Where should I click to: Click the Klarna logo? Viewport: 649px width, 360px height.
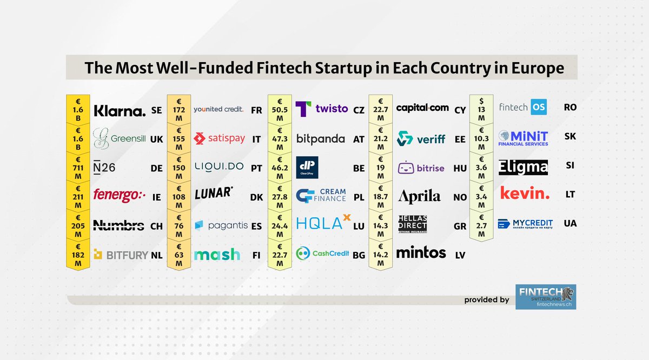click(x=120, y=111)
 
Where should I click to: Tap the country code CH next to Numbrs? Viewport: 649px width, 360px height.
click(x=156, y=226)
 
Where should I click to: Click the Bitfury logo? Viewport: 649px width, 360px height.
click(x=121, y=255)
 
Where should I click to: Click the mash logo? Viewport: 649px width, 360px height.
click(x=217, y=254)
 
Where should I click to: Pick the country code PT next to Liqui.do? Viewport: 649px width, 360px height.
click(x=256, y=168)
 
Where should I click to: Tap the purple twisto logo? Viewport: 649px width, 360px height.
click(x=322, y=109)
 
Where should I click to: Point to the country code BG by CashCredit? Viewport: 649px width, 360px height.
click(x=359, y=256)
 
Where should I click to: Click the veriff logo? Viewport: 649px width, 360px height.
click(x=421, y=139)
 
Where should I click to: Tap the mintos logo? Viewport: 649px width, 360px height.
click(x=421, y=252)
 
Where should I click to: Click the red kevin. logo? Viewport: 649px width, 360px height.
click(x=524, y=193)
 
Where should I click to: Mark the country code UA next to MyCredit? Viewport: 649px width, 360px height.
click(x=570, y=223)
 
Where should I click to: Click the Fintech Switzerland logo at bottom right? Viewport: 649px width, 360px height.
click(x=546, y=297)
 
